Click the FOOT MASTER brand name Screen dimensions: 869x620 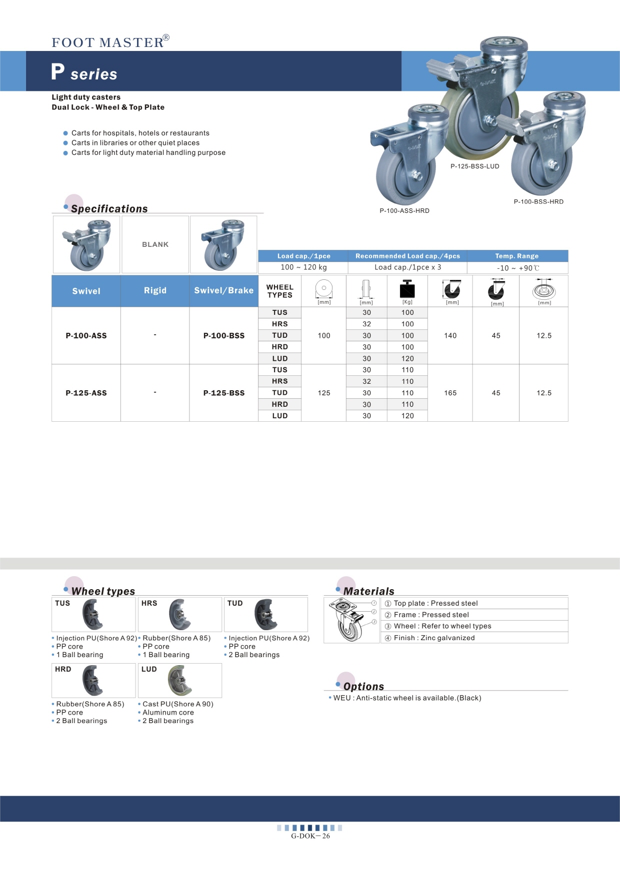(x=108, y=42)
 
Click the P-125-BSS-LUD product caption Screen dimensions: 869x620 (x=474, y=166)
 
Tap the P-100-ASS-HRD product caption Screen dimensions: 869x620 (x=404, y=211)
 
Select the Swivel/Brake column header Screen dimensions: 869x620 (x=223, y=291)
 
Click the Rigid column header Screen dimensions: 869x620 (x=155, y=291)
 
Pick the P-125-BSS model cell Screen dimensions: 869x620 (x=223, y=393)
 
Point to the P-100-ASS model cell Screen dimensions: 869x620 (x=86, y=336)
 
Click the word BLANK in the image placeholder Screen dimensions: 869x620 (x=155, y=244)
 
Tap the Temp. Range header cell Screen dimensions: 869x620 (x=517, y=256)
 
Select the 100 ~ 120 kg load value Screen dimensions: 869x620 (x=303, y=267)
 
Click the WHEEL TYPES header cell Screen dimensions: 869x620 (x=279, y=291)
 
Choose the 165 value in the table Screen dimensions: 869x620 (x=450, y=393)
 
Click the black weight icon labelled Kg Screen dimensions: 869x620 (x=407, y=289)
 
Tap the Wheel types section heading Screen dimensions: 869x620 (x=103, y=591)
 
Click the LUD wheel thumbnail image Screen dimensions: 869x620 (x=180, y=680)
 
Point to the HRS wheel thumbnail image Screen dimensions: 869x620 (x=180, y=614)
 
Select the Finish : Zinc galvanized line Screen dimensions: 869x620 (x=434, y=638)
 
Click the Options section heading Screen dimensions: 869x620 (x=363, y=687)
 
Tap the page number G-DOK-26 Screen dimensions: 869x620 (x=310, y=836)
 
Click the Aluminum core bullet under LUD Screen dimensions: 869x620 (x=168, y=713)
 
